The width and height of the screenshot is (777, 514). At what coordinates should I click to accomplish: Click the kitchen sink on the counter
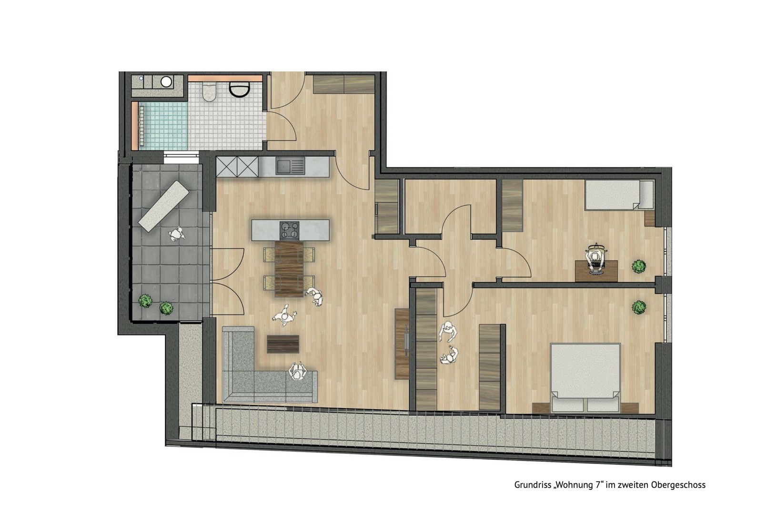pyautogui.click(x=290, y=166)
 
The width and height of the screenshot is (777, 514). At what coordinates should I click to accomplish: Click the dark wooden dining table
pyautogui.click(x=289, y=269)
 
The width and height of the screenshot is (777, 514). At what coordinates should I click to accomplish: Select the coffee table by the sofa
pyautogui.click(x=283, y=344)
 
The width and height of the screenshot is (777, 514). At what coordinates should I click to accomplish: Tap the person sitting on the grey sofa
pyautogui.click(x=297, y=372)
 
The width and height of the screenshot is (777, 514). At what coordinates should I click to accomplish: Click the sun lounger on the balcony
pyautogui.click(x=163, y=206)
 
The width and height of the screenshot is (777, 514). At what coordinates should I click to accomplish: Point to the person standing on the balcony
pyautogui.click(x=177, y=234)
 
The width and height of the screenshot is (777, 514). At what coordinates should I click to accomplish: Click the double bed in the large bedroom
pyautogui.click(x=585, y=377)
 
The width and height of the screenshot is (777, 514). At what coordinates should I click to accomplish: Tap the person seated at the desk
pyautogui.click(x=595, y=259)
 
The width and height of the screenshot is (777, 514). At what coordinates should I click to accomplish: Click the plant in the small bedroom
pyautogui.click(x=638, y=267)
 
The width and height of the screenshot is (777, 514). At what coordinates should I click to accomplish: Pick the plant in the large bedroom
pyautogui.click(x=639, y=307)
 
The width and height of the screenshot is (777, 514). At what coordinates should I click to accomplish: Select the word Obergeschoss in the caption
pyautogui.click(x=678, y=485)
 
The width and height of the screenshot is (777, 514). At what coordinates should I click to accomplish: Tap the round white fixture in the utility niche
pyautogui.click(x=166, y=82)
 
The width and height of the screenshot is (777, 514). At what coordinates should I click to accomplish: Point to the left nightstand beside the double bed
pyautogui.click(x=542, y=408)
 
